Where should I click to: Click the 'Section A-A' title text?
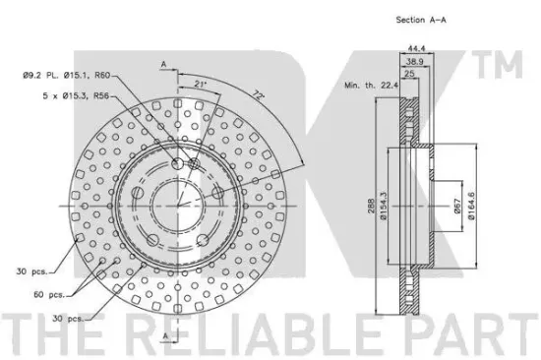[421, 20]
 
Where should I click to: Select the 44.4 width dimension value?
[416, 48]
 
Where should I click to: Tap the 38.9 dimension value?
[414, 62]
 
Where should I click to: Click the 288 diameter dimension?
[371, 206]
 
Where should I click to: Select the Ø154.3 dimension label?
[385, 206]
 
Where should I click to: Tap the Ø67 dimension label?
[457, 206]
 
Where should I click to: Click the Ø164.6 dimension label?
[471, 206]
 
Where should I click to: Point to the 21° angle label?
[200, 85]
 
